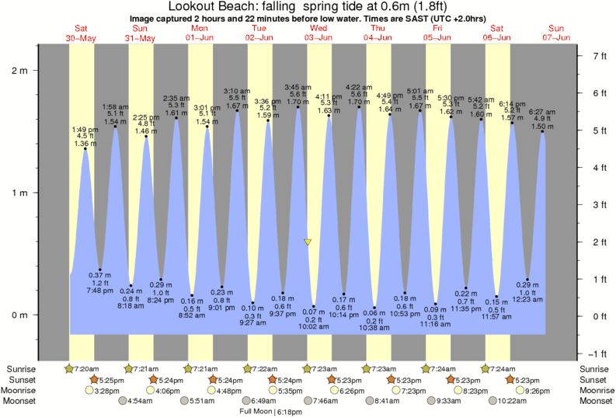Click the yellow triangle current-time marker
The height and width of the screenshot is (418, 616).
pos(308,242)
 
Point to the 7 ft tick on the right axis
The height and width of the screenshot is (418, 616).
pos(599,56)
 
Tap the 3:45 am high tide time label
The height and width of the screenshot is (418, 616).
pos(298,87)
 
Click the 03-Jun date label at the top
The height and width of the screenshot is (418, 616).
pos(318,37)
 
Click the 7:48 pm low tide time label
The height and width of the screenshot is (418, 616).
pos(99,291)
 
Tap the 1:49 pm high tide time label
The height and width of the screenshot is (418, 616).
pos(85,129)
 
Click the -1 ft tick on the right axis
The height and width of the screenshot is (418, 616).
pos(599,353)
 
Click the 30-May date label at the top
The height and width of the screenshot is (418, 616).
pos(82,37)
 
